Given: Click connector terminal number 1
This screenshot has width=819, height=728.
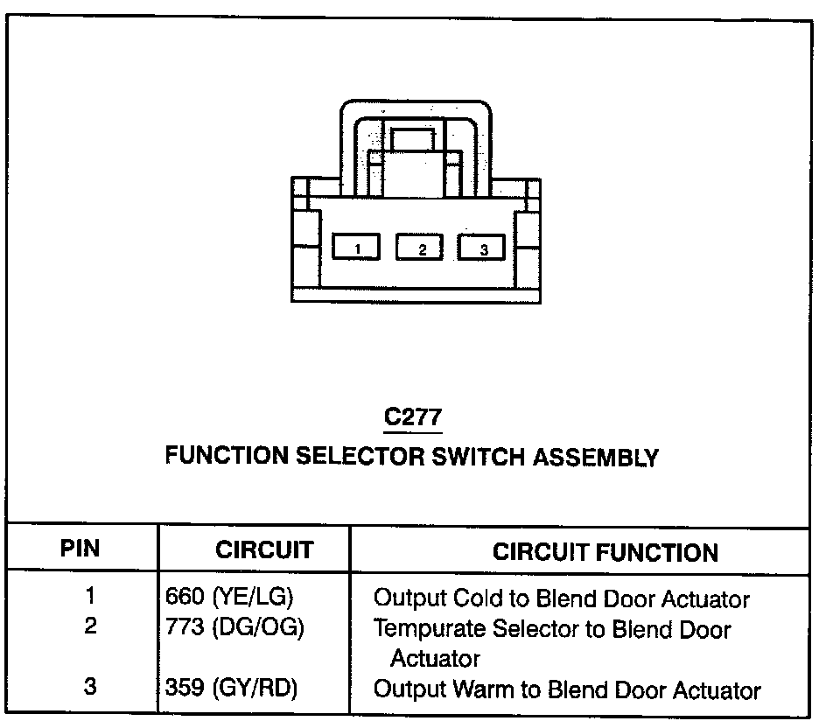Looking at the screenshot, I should pyautogui.click(x=357, y=248).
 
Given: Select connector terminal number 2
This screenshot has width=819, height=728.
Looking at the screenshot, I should pyautogui.click(x=421, y=248).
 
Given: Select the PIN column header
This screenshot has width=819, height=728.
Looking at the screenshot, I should pyautogui.click(x=80, y=549).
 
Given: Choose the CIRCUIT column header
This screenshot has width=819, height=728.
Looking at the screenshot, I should pyautogui.click(x=264, y=550).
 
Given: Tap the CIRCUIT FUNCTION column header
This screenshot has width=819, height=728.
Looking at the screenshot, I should pyautogui.click(x=605, y=552).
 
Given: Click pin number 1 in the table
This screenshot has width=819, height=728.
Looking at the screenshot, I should pyautogui.click(x=90, y=597).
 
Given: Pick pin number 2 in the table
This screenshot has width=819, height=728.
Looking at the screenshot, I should pyautogui.click(x=90, y=627).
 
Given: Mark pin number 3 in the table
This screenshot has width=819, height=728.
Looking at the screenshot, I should pyautogui.click(x=90, y=687).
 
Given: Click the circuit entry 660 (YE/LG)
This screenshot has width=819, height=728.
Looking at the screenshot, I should pyautogui.click(x=229, y=598).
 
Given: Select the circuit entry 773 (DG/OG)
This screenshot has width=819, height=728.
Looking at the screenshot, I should pyautogui.click(x=234, y=628).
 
